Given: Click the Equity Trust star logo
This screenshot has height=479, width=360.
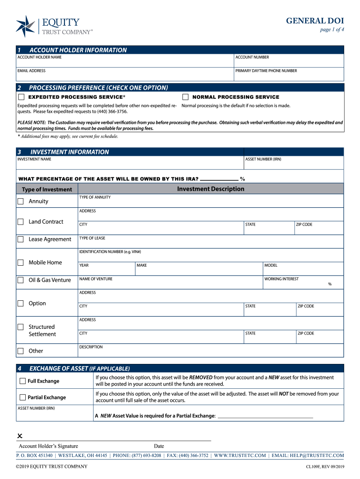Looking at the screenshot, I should click(25, 26).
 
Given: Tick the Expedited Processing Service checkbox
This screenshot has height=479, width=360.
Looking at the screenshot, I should click(21, 97).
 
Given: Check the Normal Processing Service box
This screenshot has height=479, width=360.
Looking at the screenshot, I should click(185, 97).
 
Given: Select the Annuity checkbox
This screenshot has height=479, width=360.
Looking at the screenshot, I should click(21, 201).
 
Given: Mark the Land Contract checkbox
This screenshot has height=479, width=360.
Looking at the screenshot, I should click(21, 222).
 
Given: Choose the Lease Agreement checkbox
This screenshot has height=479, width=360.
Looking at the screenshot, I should click(21, 239).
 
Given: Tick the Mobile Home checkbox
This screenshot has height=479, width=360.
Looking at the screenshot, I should click(21, 262).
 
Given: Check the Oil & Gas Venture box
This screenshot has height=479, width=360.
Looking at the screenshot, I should click(21, 280).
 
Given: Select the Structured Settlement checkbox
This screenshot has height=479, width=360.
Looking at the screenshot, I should click(21, 327).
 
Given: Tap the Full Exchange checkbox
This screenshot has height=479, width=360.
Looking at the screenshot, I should click(22, 381).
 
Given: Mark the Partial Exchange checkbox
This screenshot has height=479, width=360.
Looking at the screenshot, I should click(22, 398).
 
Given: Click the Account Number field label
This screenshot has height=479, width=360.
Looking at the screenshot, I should click(252, 57).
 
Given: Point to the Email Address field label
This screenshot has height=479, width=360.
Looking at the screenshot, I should click(31, 71).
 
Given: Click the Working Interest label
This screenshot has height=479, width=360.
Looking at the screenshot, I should click(281, 279).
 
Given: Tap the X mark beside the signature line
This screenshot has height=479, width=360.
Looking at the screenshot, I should click(20, 436).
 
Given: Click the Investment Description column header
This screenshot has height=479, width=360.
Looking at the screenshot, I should click(210, 189).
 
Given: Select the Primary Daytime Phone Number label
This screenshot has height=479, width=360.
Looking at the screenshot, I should click(266, 71).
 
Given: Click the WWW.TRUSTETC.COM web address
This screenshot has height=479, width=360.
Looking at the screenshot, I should click(240, 456).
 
